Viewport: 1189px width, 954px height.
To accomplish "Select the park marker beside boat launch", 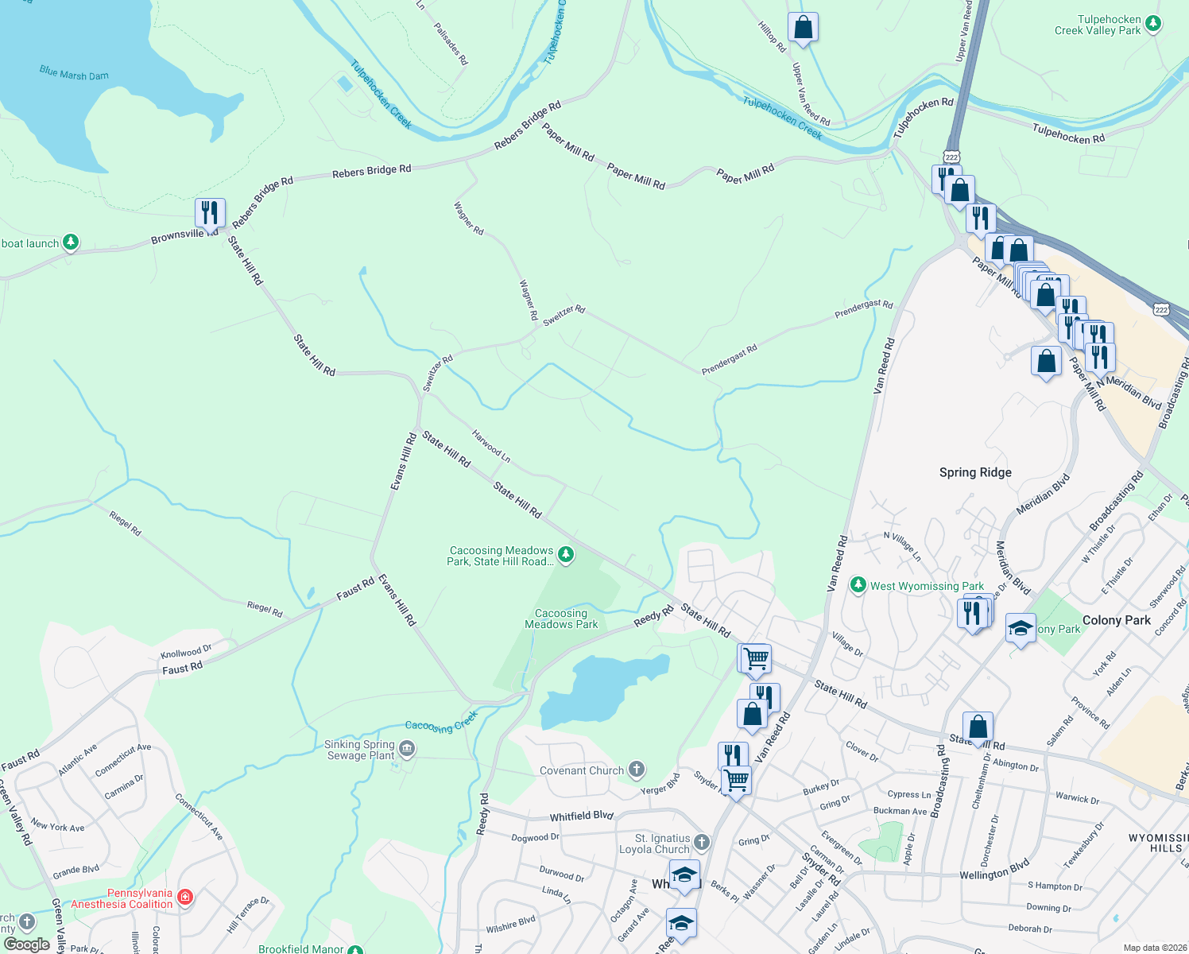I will point(71,242).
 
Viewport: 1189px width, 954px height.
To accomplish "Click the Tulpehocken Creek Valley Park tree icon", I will point(1153,24).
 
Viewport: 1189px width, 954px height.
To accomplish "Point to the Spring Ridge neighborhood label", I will point(975,472).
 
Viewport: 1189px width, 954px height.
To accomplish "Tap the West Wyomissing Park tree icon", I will point(858,585).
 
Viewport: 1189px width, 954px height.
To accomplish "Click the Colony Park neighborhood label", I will point(1116,620).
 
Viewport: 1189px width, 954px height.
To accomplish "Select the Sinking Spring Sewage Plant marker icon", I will point(407,748).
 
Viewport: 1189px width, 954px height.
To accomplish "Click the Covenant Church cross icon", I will point(636,769).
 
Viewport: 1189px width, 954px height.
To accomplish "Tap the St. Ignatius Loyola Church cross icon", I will point(701,842).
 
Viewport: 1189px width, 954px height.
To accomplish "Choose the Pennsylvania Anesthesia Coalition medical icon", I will point(185,897).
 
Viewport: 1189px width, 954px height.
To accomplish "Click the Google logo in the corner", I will point(26,944).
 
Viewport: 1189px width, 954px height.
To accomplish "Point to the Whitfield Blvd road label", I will point(582,816).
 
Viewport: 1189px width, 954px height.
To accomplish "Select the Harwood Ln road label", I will point(491,447).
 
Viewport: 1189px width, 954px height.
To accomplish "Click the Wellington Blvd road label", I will point(994,870).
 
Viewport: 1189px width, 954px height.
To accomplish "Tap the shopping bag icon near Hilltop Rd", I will point(803,28).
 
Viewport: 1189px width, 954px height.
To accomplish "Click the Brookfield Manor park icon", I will point(355,949).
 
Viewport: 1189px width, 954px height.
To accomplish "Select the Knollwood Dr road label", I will point(186,651).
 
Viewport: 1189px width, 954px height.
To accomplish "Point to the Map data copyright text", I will point(1152,948).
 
